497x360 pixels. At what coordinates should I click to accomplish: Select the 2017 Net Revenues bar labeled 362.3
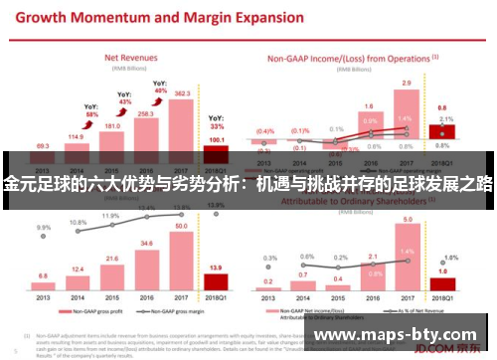(x=182, y=124)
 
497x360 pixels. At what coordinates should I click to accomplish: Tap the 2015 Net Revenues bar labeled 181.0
(x=110, y=143)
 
